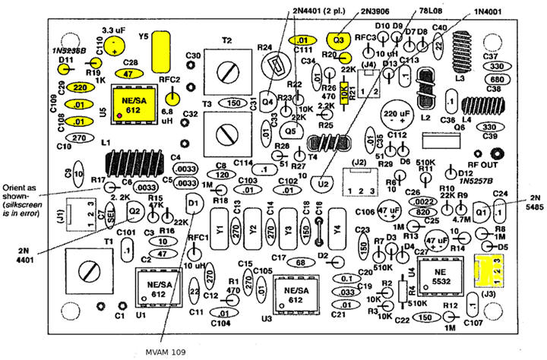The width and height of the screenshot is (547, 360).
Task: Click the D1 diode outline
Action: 194,202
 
